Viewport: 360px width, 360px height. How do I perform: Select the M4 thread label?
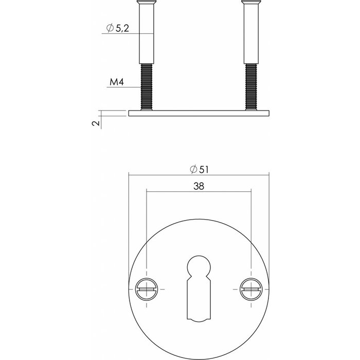117,82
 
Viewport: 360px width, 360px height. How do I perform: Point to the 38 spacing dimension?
199,188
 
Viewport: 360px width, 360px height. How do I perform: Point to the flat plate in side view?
199,113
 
